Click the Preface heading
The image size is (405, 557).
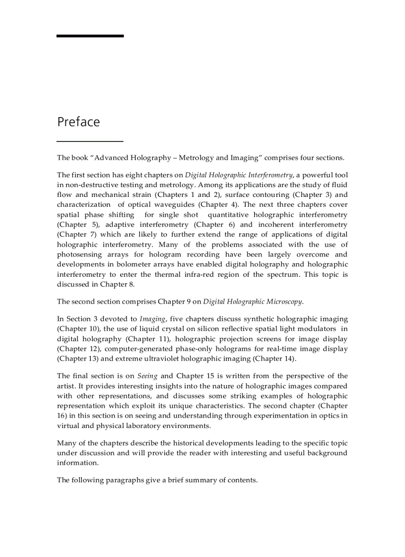click(78, 122)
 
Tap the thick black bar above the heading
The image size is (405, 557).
click(90, 36)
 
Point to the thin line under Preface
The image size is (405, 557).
click(90, 142)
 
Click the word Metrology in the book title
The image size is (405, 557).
click(196, 158)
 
